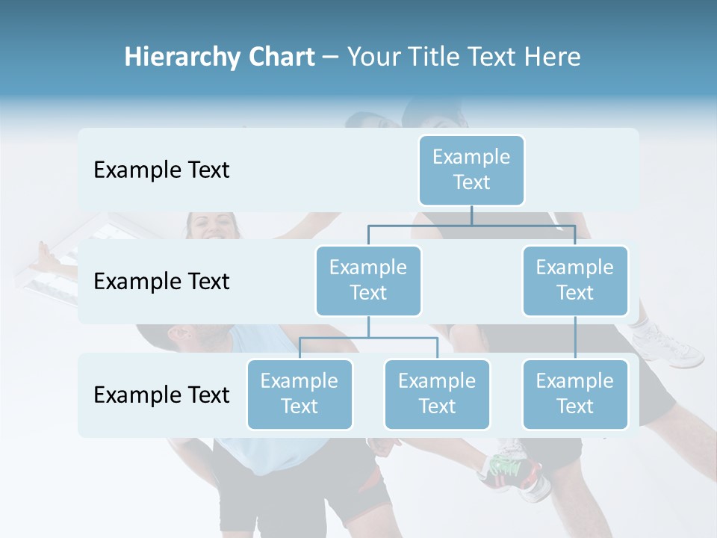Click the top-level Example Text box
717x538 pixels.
click(471, 170)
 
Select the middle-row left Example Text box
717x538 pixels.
click(368, 280)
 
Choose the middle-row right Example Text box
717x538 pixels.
click(575, 280)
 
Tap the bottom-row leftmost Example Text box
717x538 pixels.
click(299, 394)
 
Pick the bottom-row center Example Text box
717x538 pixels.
click(437, 394)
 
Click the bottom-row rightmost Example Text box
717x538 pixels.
click(575, 394)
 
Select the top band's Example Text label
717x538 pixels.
click(161, 170)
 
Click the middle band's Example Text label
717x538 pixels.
click(161, 281)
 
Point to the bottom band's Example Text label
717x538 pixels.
click(161, 395)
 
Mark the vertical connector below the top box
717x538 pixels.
click(471, 215)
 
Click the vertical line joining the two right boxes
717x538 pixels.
click(575, 338)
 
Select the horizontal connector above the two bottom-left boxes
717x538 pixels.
click(368, 338)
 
